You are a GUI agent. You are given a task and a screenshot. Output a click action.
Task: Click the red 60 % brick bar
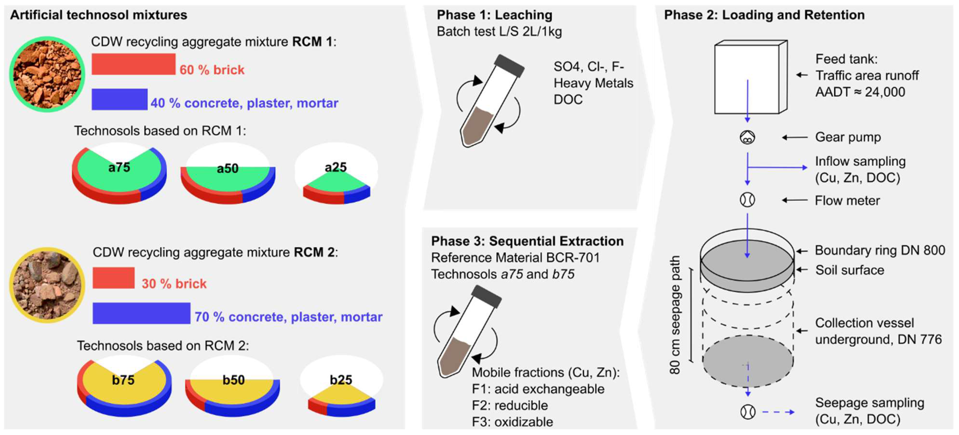tap(133, 64)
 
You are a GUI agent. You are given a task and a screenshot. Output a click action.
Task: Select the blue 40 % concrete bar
tap(120, 99)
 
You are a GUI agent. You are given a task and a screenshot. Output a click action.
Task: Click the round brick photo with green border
tap(47, 74)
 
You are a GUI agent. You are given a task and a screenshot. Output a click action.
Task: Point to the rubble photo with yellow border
tap(47, 285)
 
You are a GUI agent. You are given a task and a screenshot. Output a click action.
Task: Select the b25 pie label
tap(341, 380)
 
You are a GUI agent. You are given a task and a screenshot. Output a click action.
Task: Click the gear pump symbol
tap(747, 138)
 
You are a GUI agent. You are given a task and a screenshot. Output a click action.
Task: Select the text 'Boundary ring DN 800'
tap(879, 250)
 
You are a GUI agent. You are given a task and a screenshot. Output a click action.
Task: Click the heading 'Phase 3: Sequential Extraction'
tap(527, 241)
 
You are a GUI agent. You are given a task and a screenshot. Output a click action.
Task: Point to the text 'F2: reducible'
tap(510, 405)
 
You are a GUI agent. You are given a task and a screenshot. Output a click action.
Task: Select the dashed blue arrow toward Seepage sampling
tap(778, 412)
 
